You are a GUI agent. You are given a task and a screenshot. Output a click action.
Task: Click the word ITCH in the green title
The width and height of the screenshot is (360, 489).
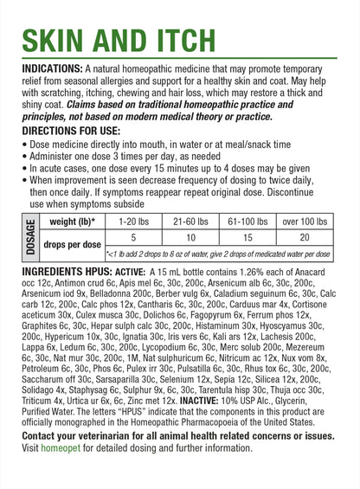point(172,40)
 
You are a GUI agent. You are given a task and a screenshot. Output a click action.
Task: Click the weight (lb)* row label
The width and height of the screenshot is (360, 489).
point(67,222)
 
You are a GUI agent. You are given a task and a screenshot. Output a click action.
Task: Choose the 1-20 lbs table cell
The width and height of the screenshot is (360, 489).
point(132,222)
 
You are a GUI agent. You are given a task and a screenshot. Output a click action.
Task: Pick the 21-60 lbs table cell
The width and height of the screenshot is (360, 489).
point(190,222)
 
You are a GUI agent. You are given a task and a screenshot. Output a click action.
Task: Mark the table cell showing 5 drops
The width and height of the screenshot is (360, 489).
point(132,236)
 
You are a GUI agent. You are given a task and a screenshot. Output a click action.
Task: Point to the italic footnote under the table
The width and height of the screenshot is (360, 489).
point(218,255)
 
